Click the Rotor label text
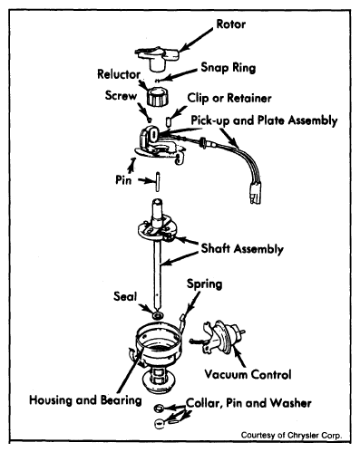tap(231, 24)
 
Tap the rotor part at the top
tap(157, 59)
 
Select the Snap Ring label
tap(229, 67)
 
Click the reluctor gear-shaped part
tap(158, 96)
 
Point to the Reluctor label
tap(119, 74)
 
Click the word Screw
tap(121, 95)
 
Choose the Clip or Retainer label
tap(229, 98)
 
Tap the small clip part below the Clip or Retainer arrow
tap(169, 121)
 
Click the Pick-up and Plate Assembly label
tap(264, 120)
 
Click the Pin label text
tap(123, 180)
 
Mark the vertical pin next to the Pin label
tap(158, 181)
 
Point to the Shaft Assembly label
tap(242, 248)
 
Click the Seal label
tap(125, 296)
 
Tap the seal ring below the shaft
tap(158, 316)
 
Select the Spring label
tap(204, 284)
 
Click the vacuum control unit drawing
tap(219, 338)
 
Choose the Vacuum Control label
tap(248, 374)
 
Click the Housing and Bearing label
tap(85, 400)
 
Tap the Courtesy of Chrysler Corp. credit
tap(291, 435)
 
